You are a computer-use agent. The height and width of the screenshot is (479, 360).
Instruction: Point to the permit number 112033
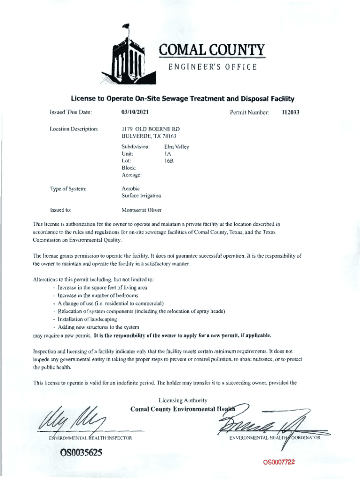290,112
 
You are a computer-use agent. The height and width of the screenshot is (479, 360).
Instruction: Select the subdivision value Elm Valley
177,146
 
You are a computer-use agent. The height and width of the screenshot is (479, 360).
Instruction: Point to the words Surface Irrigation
141,196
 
